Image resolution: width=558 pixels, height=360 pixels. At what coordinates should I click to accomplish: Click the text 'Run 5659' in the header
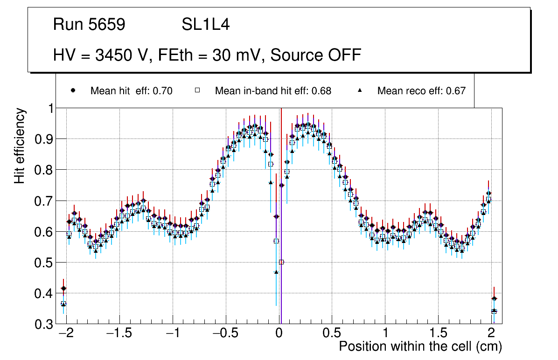tap(89, 25)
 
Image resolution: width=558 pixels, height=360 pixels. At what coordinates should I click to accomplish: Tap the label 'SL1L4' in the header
tap(205, 25)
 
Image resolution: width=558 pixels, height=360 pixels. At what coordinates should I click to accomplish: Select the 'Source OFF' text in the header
tap(316, 55)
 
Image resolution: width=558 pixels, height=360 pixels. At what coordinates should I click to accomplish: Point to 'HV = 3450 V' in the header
tap(100, 55)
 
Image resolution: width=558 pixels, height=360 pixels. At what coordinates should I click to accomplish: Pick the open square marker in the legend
tap(197, 91)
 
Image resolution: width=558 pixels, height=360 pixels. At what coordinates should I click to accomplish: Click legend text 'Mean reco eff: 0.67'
tap(421, 91)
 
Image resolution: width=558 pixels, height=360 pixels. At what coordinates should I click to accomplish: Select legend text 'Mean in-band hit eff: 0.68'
tap(273, 91)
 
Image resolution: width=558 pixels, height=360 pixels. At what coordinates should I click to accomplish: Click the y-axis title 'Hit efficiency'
tap(20, 145)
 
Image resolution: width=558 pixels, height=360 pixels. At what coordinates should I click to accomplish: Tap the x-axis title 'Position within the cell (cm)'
tap(420, 346)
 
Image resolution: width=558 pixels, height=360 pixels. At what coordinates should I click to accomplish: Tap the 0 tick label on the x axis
tap(279, 334)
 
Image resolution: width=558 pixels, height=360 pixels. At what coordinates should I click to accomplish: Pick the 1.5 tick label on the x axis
tap(438, 334)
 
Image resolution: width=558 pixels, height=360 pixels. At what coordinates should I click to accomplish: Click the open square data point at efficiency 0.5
tap(281, 262)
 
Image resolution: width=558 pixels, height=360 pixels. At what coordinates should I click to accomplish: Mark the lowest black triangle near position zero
tap(276, 272)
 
